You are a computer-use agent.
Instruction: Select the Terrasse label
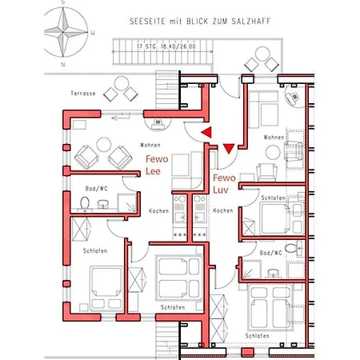coord(82,94)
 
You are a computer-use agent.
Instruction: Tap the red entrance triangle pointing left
coord(206,130)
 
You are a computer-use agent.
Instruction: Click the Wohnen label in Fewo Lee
coord(150,145)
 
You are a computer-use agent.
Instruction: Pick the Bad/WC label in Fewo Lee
coord(97,188)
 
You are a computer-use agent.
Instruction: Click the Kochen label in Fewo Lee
coord(158,210)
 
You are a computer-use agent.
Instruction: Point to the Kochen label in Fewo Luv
coord(223,210)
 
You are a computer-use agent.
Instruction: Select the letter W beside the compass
coord(93,33)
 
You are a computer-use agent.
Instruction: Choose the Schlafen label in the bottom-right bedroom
coord(258,335)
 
